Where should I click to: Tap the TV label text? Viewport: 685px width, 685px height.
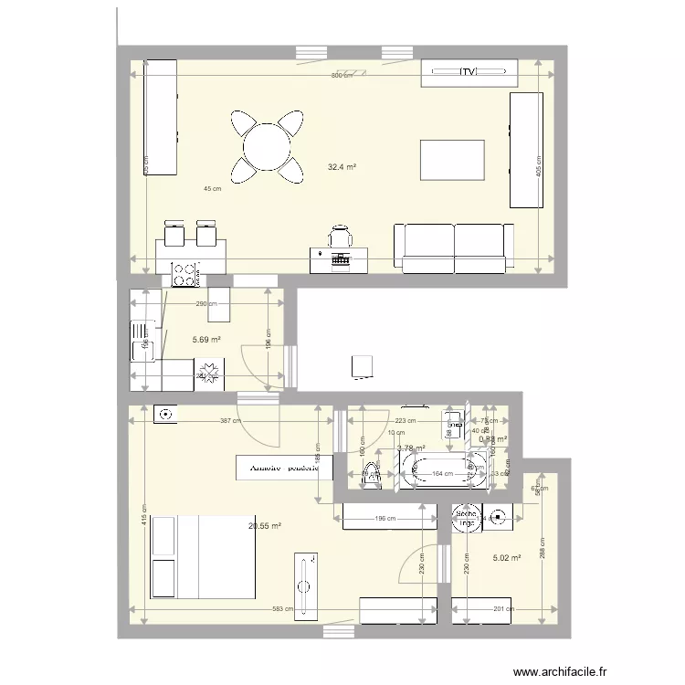(x=469, y=71)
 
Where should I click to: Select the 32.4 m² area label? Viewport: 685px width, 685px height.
(x=342, y=167)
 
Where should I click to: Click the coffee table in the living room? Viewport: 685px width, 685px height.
(x=451, y=160)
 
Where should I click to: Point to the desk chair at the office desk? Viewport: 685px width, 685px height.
(x=341, y=236)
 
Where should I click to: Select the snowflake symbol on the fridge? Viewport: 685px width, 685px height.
(x=211, y=373)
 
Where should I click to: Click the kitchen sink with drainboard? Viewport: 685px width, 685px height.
(x=143, y=337)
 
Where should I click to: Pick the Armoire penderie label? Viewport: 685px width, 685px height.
(x=284, y=467)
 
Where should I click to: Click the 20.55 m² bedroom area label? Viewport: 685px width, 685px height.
(x=265, y=526)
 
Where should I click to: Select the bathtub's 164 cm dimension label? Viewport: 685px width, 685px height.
(x=442, y=473)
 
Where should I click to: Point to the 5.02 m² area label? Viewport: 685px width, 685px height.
(x=507, y=557)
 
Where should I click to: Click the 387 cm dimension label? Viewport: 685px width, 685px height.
(x=229, y=421)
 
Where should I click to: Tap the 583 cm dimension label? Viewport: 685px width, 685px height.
(x=281, y=609)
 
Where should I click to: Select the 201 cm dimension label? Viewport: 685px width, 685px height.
(x=499, y=609)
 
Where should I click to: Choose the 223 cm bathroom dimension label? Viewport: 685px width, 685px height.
(x=406, y=421)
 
